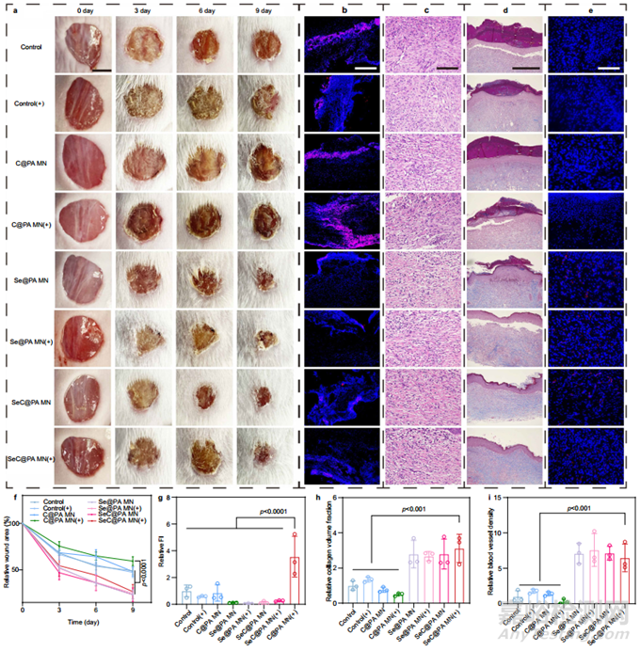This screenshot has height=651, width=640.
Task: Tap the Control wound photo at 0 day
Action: click(x=84, y=45)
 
